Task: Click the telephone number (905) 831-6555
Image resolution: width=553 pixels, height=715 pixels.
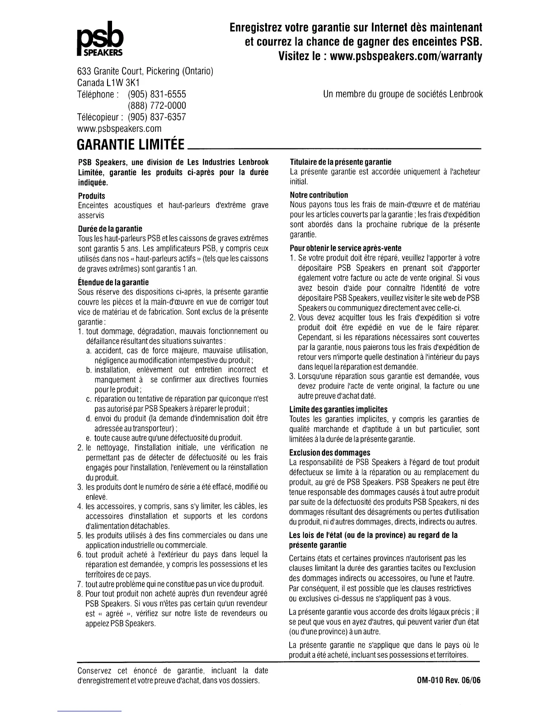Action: pyautogui.click(x=157, y=94)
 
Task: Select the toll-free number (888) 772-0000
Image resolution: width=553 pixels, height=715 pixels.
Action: pyautogui.click(x=157, y=106)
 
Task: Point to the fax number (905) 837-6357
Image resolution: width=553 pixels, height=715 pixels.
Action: pyautogui.click(x=157, y=117)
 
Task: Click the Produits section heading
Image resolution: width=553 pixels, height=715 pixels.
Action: pyautogui.click(x=91, y=196)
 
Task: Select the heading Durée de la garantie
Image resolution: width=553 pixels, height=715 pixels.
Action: pyautogui.click(x=110, y=228)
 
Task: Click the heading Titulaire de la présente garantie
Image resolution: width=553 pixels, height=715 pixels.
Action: pyautogui.click(x=340, y=162)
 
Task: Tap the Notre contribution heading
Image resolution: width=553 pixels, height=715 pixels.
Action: pyautogui.click(x=319, y=195)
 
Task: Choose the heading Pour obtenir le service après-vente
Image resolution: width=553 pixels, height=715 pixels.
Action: pyautogui.click(x=345, y=248)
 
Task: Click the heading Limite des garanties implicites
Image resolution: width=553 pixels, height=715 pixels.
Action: pyautogui.click(x=338, y=409)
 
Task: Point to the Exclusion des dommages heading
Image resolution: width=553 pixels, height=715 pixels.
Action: pyautogui.click(x=330, y=452)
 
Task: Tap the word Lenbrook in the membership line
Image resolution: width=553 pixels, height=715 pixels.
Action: pyautogui.click(x=465, y=94)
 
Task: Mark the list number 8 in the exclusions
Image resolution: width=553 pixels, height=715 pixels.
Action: pyautogui.click(x=79, y=594)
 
